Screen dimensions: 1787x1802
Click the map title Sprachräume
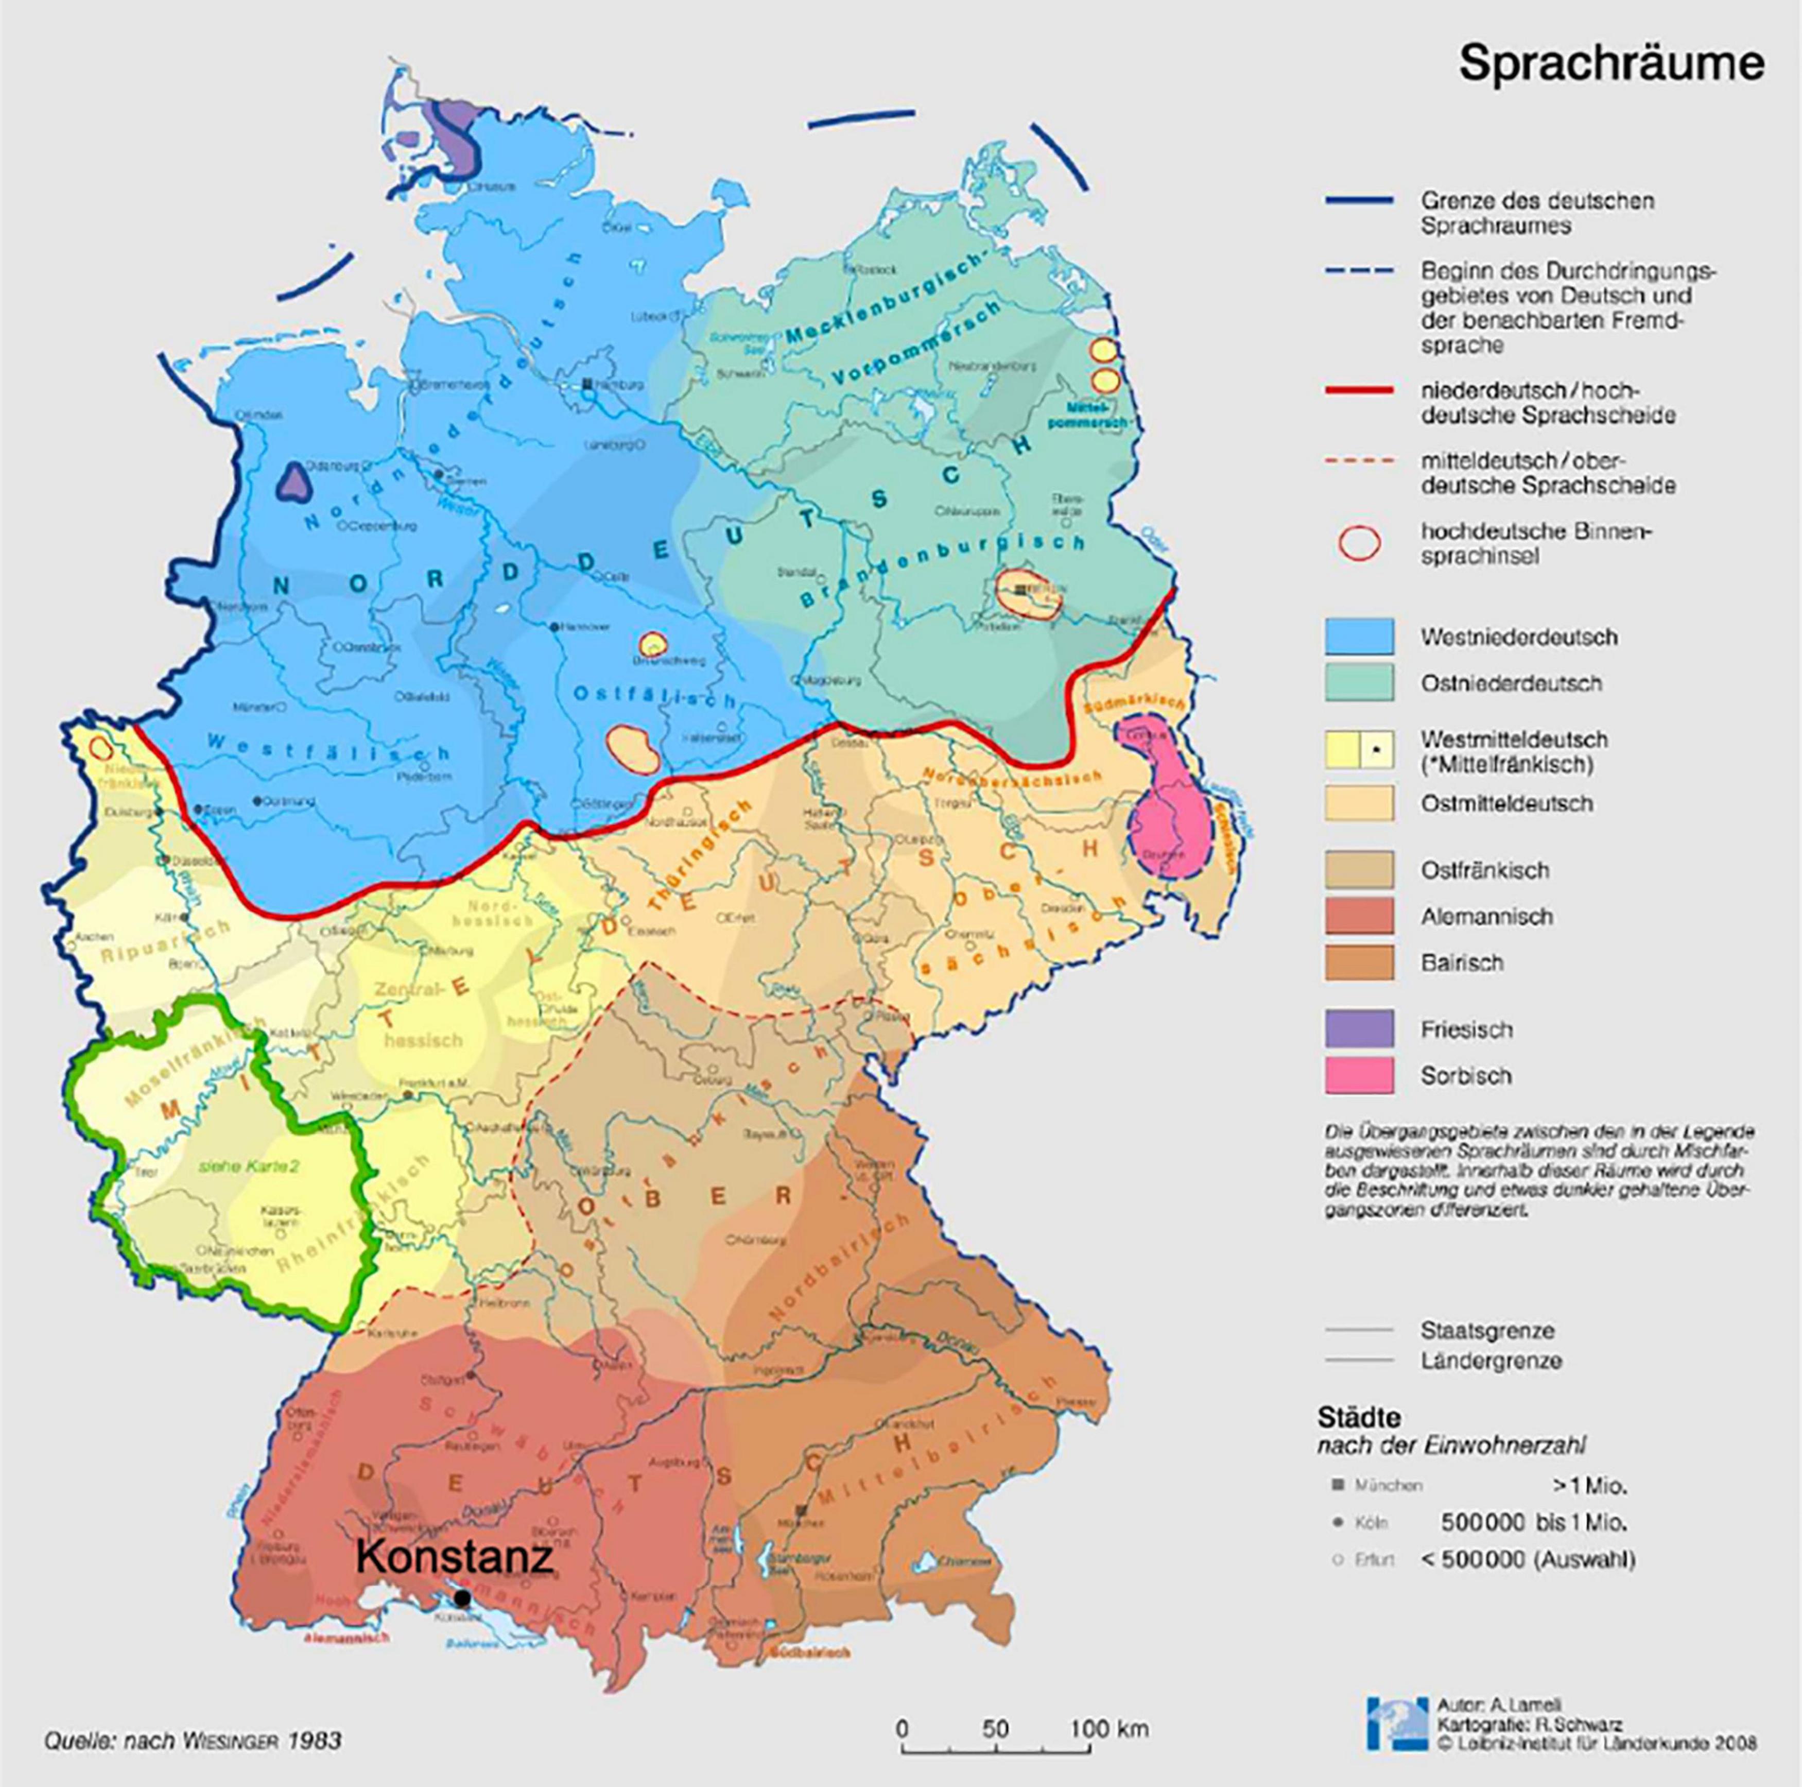coord(1611,63)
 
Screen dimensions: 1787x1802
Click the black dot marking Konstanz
coord(462,1599)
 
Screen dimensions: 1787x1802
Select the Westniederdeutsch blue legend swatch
coord(1359,637)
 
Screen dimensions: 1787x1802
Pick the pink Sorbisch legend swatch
coord(1359,1075)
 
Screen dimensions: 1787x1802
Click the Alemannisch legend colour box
coord(1359,916)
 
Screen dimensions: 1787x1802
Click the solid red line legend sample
coord(1358,390)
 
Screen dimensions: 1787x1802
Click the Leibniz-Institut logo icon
coord(1396,1724)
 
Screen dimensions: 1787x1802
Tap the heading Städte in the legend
coord(1358,1417)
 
